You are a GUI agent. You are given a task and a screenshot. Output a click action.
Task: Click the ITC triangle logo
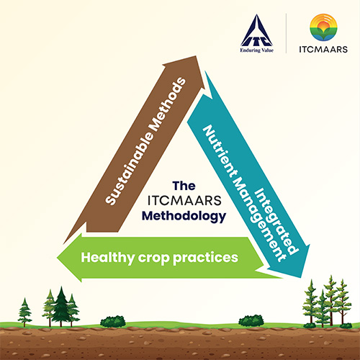pyautogui.click(x=256, y=30)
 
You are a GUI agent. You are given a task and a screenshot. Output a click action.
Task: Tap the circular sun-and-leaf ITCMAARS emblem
pyautogui.click(x=323, y=27)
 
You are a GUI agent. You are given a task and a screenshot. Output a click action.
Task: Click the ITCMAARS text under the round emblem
pyautogui.click(x=323, y=49)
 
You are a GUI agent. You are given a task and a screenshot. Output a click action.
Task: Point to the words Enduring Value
pyautogui.click(x=257, y=50)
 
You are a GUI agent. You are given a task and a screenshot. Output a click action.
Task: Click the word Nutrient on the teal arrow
pyautogui.click(x=219, y=152)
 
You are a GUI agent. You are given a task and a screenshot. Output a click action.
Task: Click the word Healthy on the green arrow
pyautogui.click(x=108, y=258)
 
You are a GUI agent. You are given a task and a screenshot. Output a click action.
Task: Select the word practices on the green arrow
pyautogui.click(x=205, y=258)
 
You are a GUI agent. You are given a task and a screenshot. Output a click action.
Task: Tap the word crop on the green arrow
pyautogui.click(x=154, y=258)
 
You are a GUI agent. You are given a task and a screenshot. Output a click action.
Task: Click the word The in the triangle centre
pyautogui.click(x=184, y=186)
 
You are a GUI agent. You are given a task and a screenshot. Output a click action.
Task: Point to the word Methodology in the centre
pyautogui.click(x=184, y=216)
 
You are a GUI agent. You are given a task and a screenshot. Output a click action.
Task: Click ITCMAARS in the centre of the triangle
pyautogui.click(x=184, y=201)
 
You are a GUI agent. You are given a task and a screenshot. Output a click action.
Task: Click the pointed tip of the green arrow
pyautogui.click(x=57, y=258)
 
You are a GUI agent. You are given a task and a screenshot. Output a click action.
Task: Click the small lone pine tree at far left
pyautogui.click(x=24, y=312)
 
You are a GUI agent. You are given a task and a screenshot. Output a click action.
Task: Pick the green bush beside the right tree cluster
pyautogui.click(x=251, y=321)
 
